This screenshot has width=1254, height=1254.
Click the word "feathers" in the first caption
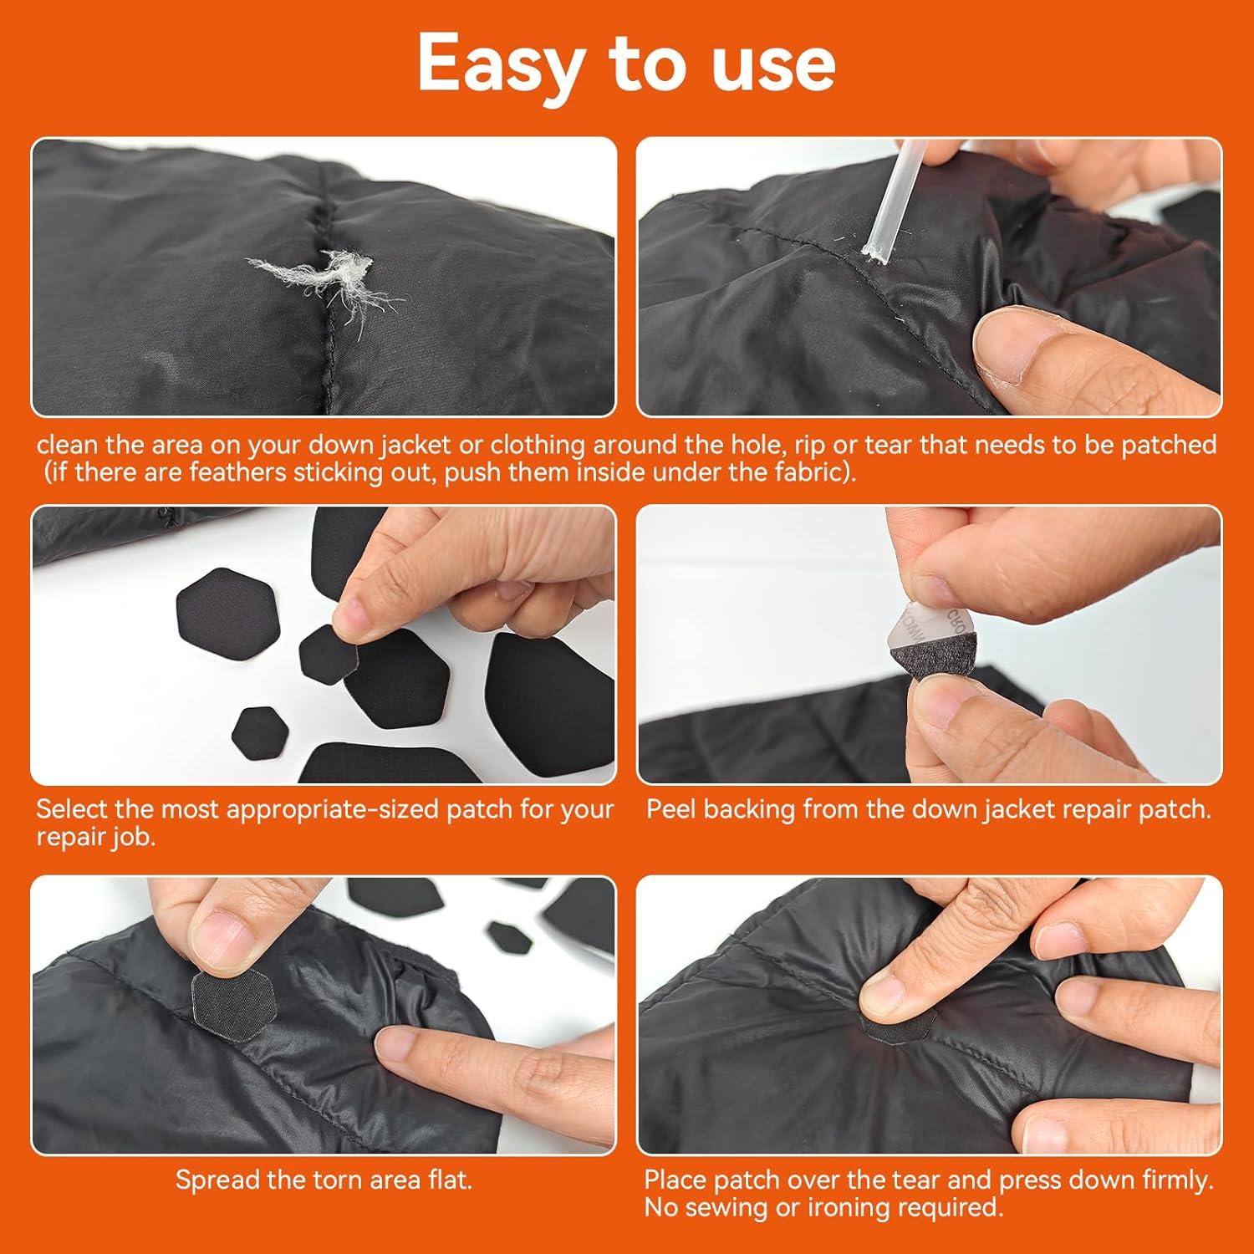click(x=237, y=472)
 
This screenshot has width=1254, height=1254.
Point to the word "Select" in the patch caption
click(x=73, y=809)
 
